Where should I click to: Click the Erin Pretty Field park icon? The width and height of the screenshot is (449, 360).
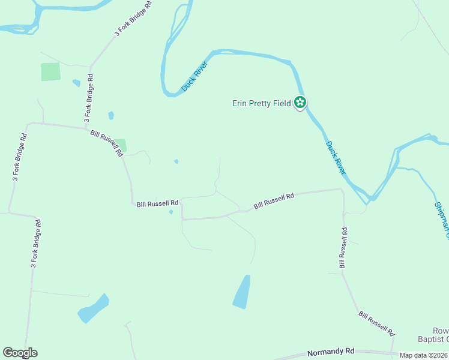[x=301, y=103]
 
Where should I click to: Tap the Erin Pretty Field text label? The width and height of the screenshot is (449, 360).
[x=262, y=103]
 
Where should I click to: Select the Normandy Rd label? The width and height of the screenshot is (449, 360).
[x=331, y=352]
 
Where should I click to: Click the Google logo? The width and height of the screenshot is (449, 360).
[x=20, y=353]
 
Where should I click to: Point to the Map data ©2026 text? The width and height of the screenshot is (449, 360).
[x=423, y=355]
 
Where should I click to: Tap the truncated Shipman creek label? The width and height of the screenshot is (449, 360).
[x=441, y=216]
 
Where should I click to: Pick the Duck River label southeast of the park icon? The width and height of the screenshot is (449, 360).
[x=336, y=158]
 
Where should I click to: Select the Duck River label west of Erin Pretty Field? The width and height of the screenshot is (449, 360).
[x=194, y=77]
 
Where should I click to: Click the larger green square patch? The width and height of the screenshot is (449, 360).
[x=50, y=72]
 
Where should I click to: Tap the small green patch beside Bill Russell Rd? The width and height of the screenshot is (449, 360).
[x=121, y=145]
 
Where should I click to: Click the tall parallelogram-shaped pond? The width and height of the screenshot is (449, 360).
[x=241, y=292]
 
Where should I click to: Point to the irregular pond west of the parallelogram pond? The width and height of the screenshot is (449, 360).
[x=93, y=308]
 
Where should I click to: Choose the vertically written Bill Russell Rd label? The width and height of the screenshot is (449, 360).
[x=342, y=247]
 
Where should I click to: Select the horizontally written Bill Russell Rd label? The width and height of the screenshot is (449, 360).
[x=158, y=204]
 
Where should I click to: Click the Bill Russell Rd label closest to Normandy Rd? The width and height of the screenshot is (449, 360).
[x=376, y=323]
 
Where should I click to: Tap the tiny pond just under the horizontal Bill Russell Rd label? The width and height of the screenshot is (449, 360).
[x=171, y=212]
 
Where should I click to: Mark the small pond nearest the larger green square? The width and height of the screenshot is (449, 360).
[x=76, y=83]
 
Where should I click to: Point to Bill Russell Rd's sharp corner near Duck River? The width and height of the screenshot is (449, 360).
[x=342, y=190]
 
